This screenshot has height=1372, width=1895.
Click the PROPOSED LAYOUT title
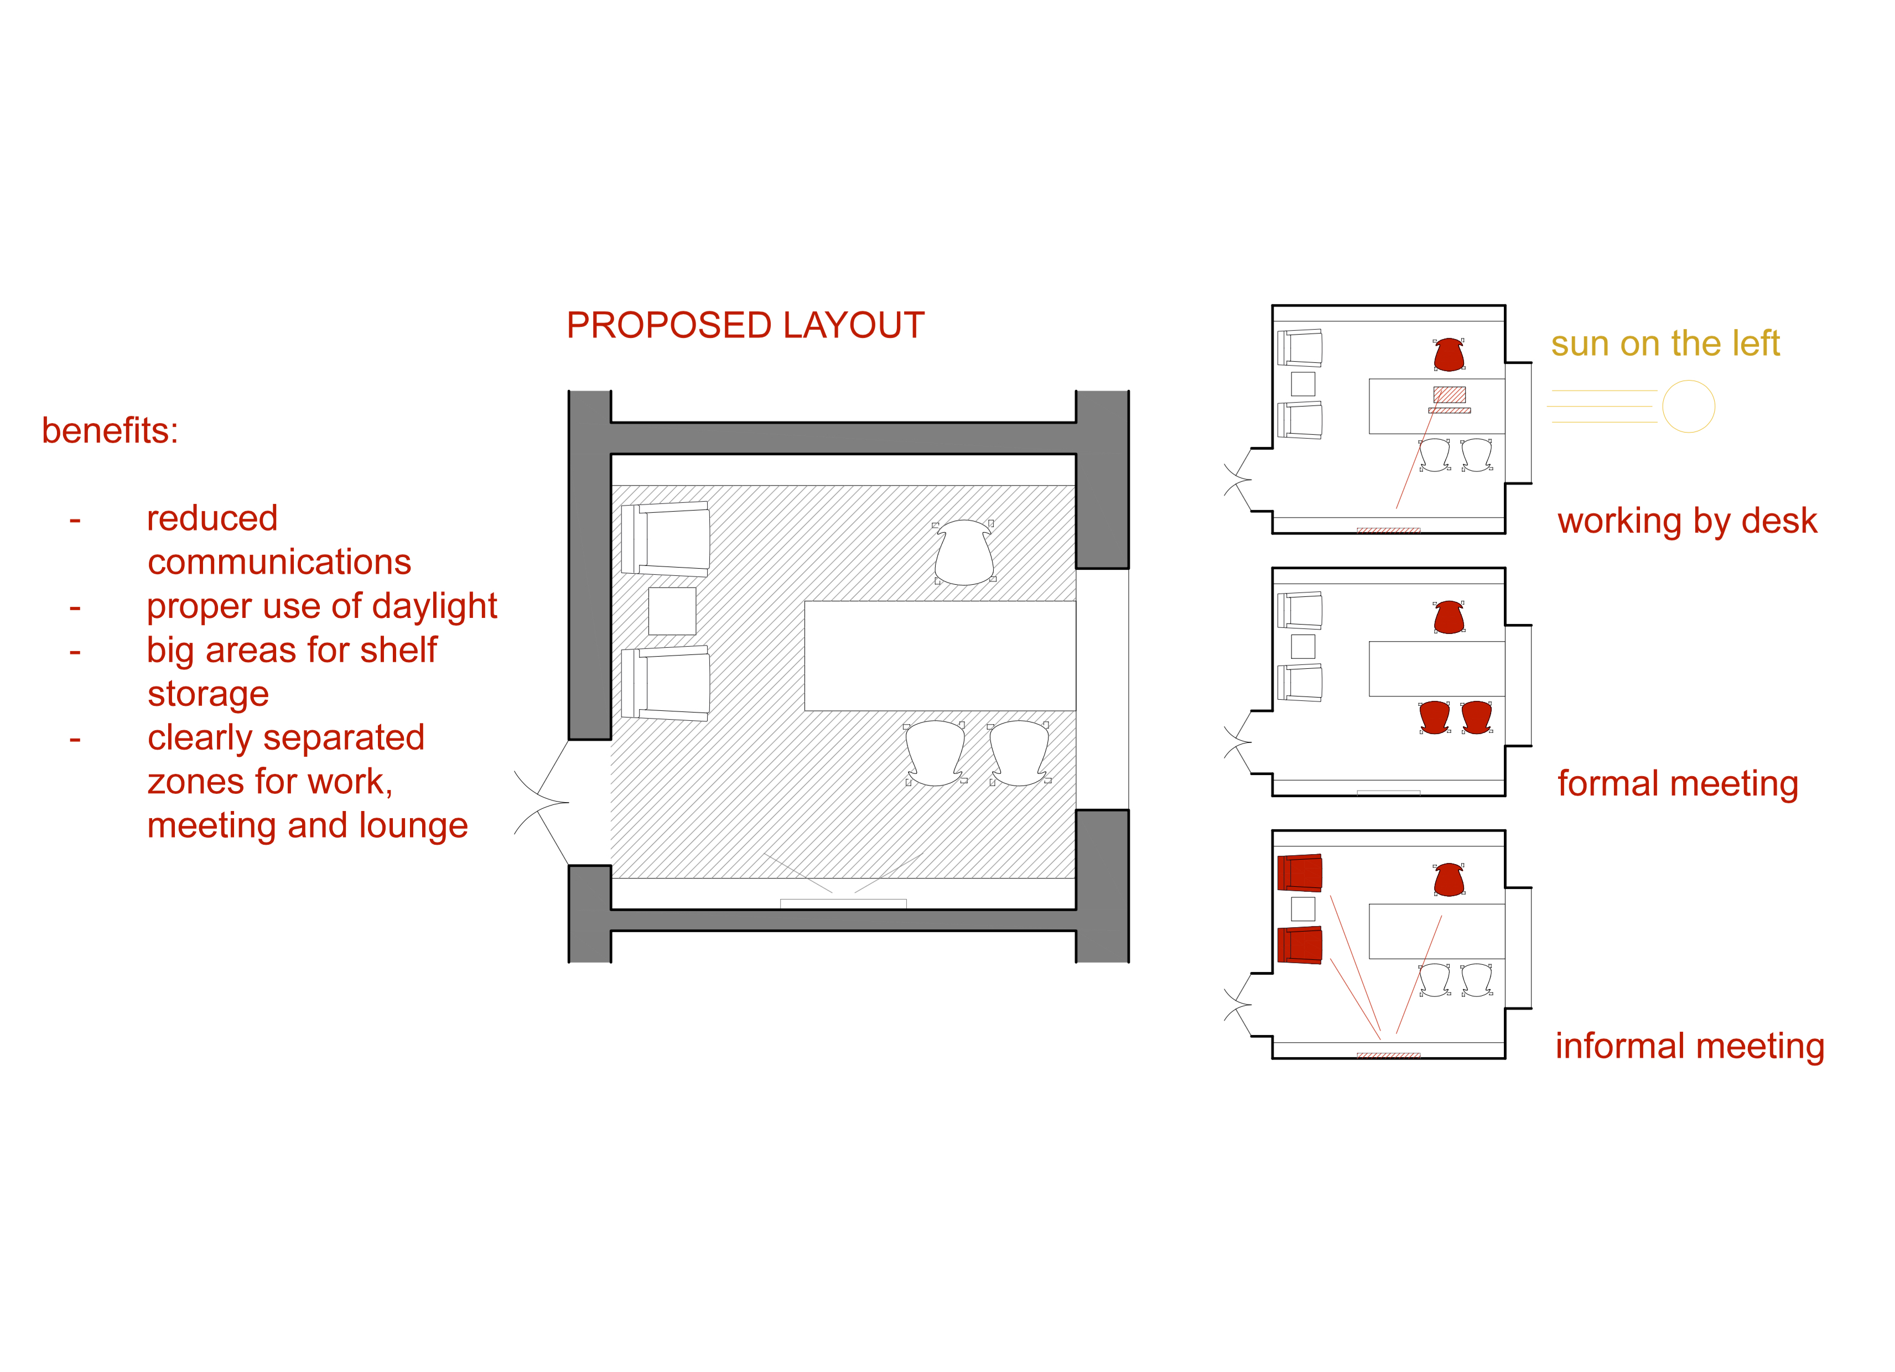tap(745, 325)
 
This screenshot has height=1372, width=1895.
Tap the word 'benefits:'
tap(110, 430)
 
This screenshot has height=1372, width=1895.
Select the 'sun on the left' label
tap(1665, 344)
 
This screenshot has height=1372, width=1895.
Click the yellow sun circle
tap(1689, 406)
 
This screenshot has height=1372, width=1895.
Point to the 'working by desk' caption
tap(1687, 521)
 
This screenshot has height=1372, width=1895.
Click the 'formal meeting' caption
tap(1678, 784)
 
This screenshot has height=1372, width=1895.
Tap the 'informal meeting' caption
tap(1690, 1046)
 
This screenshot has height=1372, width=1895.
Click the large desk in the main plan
tap(940, 656)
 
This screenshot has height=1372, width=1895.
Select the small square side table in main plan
tap(672, 611)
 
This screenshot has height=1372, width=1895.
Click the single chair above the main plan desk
tap(964, 552)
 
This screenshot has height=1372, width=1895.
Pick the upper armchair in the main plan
tap(666, 539)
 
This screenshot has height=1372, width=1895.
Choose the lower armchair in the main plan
tap(666, 683)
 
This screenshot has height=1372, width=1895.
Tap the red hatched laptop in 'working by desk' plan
tap(1450, 394)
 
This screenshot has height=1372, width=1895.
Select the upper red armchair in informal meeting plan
tap(1300, 872)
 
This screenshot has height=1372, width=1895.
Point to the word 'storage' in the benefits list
tap(208, 694)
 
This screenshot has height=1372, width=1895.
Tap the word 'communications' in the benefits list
tap(279, 562)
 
